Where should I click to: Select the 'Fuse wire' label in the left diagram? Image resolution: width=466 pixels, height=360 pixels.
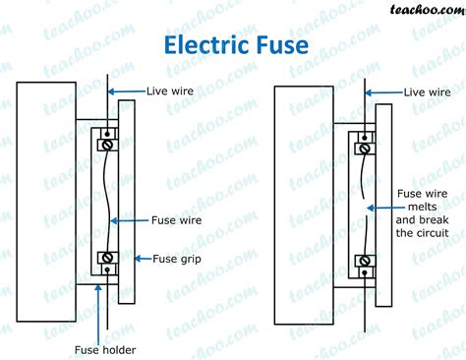click(176, 220)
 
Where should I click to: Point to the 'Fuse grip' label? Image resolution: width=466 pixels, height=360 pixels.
click(177, 259)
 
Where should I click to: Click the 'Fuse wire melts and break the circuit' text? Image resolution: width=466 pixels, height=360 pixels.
click(424, 213)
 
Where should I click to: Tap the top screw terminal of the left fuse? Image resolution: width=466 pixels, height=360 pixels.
click(106, 144)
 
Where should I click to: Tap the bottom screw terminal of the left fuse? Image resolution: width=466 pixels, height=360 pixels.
click(106, 260)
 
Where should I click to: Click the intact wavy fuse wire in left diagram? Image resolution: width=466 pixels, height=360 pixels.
click(105, 202)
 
